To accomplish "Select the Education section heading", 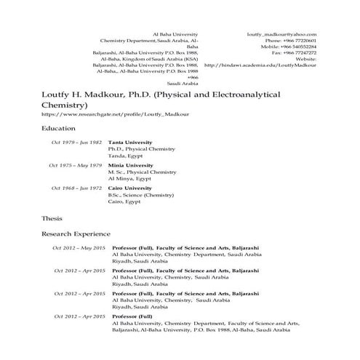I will point(59,128).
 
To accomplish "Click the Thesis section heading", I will point(52,217).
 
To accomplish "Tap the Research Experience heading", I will point(76,233).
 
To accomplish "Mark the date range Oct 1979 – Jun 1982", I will point(76,143).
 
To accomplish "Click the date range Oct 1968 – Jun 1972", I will point(76,188).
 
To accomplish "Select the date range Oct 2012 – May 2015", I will point(79,248).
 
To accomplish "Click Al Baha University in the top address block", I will point(175,33).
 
